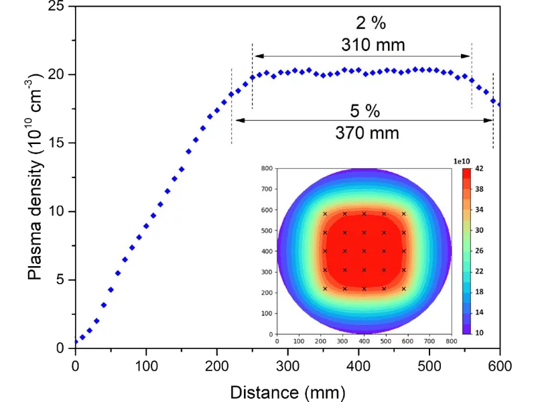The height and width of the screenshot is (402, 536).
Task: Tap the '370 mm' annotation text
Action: pos(366,133)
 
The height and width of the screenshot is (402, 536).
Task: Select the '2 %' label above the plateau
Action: pos(370,23)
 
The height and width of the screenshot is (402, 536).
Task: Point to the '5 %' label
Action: pos(366,110)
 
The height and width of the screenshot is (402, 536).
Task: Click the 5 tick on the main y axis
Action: pos(66,279)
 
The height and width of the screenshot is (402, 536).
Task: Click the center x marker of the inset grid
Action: pos(364,251)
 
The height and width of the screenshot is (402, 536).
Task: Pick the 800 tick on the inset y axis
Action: pos(267,169)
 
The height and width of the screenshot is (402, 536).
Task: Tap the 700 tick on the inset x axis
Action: pos(429,341)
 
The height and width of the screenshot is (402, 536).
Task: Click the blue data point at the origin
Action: pos(75,342)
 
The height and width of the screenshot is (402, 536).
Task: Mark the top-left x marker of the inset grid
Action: pos(325,214)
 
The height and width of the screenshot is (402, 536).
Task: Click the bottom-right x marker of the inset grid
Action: pos(404,289)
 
